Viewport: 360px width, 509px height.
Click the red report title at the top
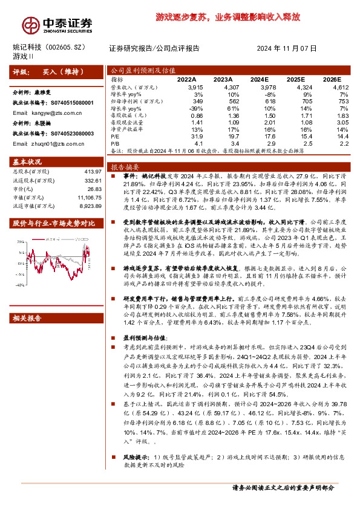227,18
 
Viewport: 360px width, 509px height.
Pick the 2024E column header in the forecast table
259,79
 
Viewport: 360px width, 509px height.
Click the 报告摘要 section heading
125,166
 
